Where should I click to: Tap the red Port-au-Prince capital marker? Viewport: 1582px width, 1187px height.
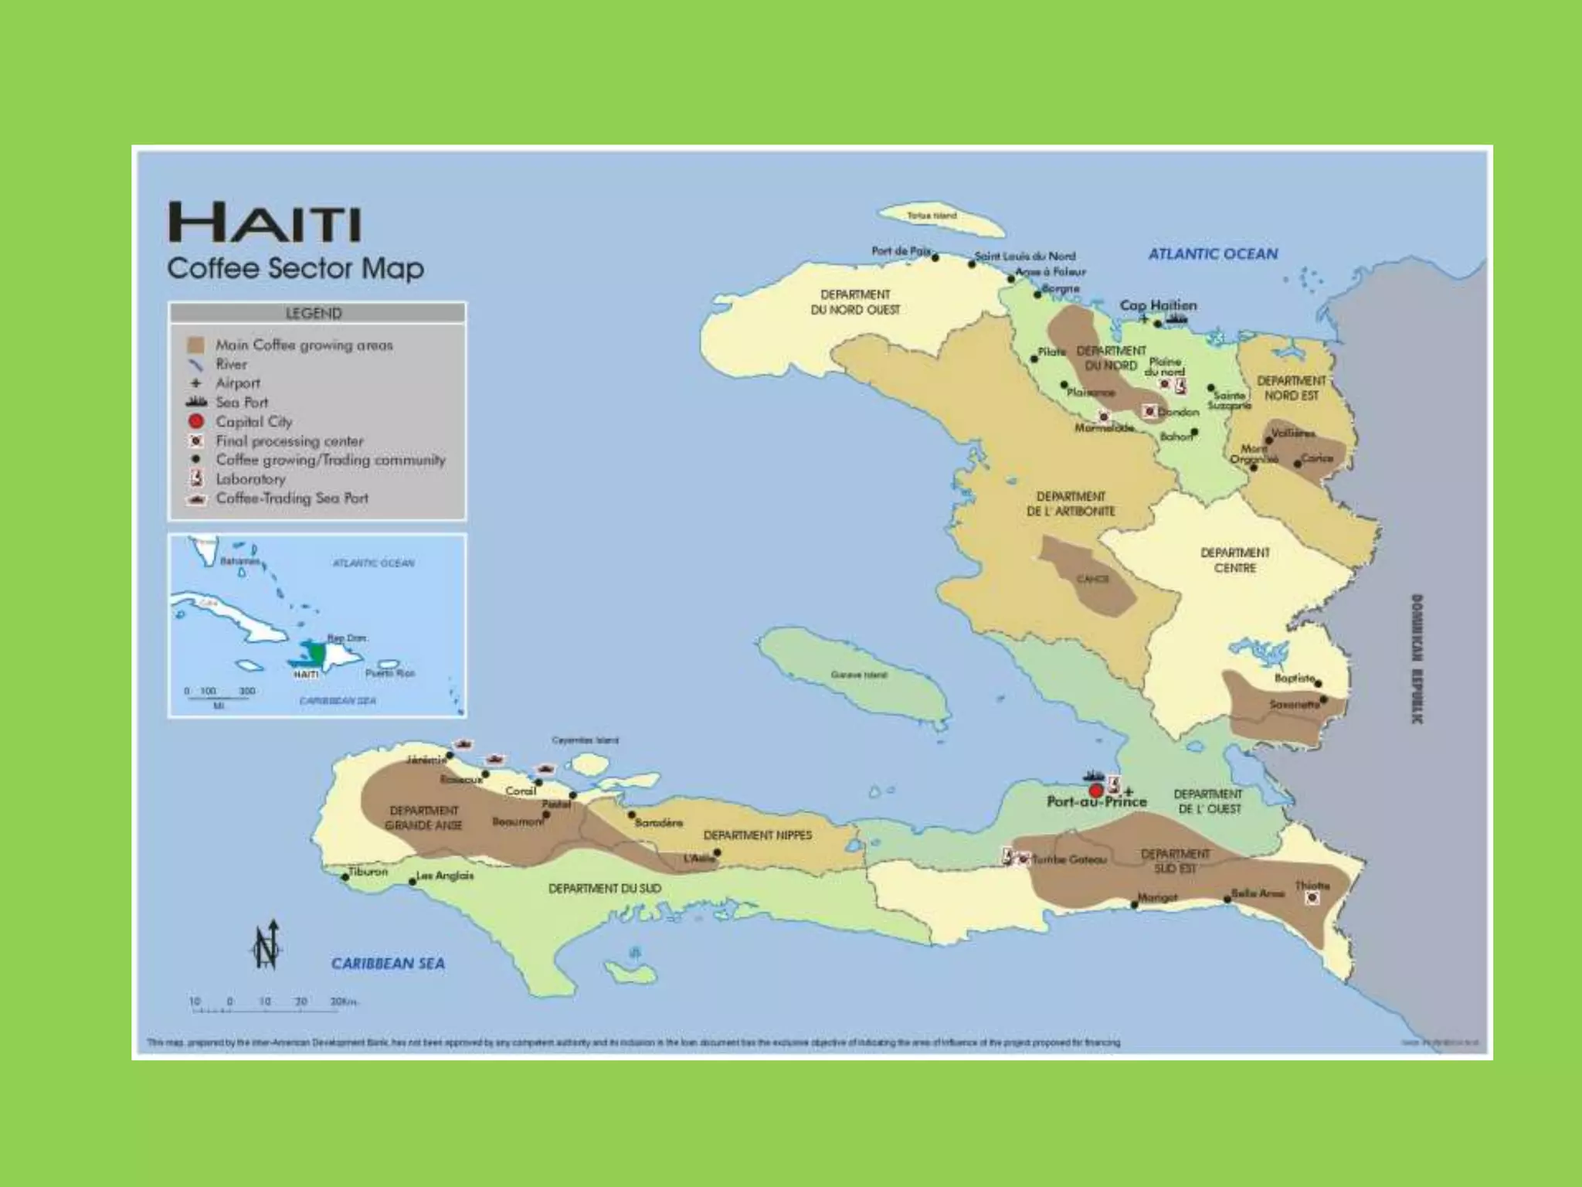point(1095,791)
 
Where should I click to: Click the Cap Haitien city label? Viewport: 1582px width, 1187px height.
point(1158,305)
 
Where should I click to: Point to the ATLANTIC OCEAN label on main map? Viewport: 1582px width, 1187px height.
point(1213,253)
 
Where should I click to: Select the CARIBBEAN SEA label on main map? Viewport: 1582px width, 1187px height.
point(388,964)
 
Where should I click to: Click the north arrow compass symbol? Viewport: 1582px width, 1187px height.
point(266,944)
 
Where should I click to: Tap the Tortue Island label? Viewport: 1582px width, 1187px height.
point(932,216)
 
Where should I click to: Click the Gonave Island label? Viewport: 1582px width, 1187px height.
point(858,675)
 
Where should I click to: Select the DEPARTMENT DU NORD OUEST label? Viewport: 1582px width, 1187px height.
point(855,302)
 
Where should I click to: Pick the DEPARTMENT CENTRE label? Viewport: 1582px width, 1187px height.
point(1234,560)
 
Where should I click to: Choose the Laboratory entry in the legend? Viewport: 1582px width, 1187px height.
point(250,479)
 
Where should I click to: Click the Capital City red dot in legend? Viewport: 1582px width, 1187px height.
point(196,421)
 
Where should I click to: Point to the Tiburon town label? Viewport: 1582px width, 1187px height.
point(368,872)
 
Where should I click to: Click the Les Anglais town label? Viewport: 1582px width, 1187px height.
point(445,876)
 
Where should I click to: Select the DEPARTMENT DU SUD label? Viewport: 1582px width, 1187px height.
point(605,889)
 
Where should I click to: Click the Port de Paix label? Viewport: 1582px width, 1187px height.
point(901,250)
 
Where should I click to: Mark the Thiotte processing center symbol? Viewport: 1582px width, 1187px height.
point(1312,898)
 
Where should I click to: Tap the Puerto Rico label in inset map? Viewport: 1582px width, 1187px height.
point(390,673)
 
